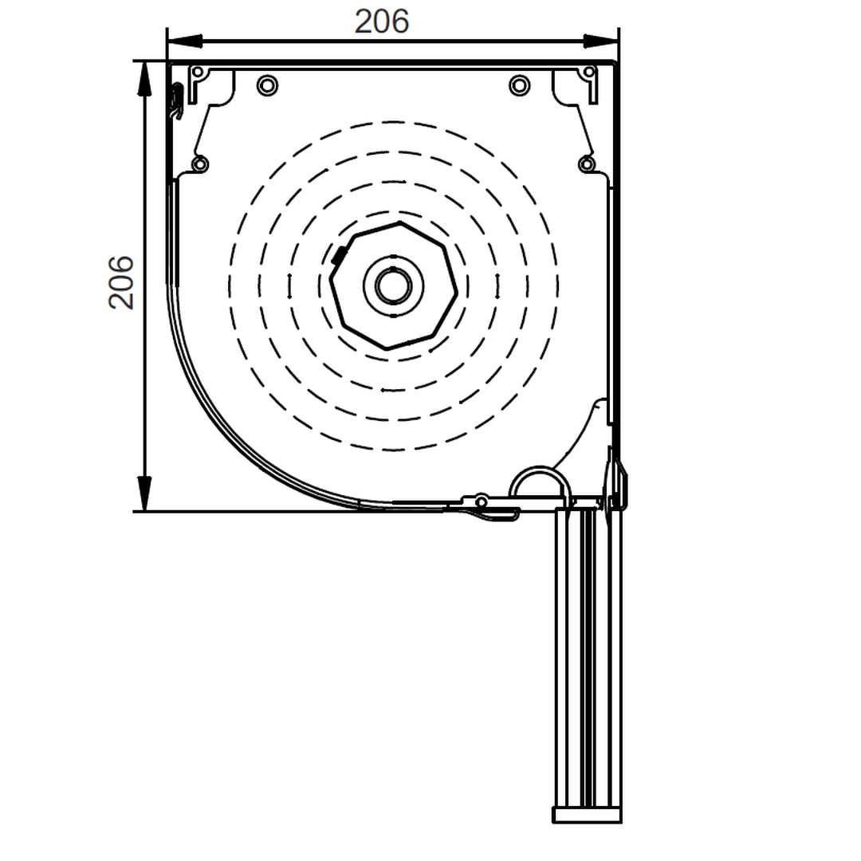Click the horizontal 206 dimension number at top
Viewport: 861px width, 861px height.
click(382, 22)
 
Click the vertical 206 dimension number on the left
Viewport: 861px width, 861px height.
click(121, 282)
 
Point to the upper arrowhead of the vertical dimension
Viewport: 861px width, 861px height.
click(143, 79)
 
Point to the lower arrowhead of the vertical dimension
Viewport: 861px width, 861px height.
click(143, 493)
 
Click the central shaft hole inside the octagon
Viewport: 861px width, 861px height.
click(393, 285)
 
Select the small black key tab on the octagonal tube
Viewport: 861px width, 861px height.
click(338, 256)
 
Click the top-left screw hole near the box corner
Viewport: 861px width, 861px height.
click(199, 72)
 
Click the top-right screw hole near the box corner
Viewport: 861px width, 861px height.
click(588, 72)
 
